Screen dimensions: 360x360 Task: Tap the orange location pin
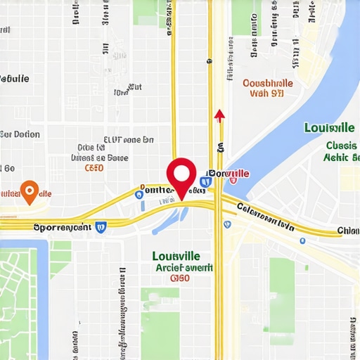[29, 191]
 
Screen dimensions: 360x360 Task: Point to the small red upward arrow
[219, 115]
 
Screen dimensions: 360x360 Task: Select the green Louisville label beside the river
[329, 128]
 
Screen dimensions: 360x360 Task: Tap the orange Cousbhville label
[268, 83]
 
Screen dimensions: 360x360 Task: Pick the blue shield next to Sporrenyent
[101, 226]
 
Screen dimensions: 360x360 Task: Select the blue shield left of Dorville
[205, 182]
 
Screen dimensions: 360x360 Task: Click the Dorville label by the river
[230, 174]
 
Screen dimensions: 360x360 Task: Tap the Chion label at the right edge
[347, 231]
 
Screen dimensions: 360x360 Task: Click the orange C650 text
[94, 169]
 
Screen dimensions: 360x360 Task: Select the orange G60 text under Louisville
[180, 278]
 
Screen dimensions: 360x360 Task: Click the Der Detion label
[20, 134]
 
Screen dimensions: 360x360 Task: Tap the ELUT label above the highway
[128, 140]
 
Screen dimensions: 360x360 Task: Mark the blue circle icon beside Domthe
[139, 193]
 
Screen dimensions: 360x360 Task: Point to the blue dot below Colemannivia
[302, 240]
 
